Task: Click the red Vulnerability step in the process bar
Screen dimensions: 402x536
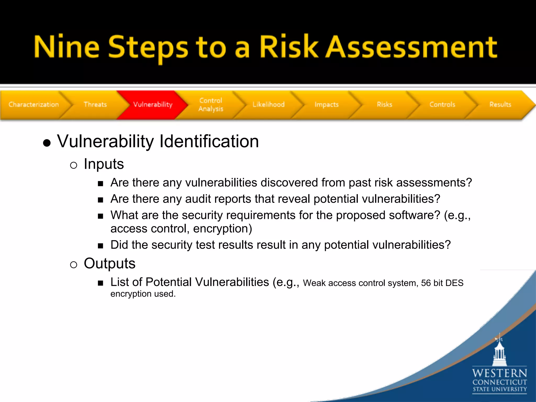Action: point(153,104)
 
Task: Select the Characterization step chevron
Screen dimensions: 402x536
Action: point(33,104)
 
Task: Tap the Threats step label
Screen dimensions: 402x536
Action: point(95,104)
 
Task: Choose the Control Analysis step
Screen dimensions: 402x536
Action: point(211,105)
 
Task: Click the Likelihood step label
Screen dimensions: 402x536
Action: point(269,104)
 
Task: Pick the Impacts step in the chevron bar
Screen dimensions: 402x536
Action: point(327,104)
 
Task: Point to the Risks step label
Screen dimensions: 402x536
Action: point(384,104)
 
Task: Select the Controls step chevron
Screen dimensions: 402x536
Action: point(442,104)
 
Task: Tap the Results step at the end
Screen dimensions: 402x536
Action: point(500,104)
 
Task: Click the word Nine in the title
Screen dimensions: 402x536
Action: point(67,47)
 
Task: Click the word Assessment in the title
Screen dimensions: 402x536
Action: point(411,47)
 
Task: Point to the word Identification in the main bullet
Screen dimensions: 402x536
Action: point(209,141)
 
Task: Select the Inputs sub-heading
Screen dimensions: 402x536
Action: point(104,164)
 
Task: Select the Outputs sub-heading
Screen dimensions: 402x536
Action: point(109,263)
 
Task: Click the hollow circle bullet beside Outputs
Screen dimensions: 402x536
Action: point(74,265)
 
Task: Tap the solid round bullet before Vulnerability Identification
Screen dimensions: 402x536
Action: point(47,143)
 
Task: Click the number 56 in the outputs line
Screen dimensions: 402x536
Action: point(426,283)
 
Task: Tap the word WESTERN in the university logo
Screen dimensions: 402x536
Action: point(499,373)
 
